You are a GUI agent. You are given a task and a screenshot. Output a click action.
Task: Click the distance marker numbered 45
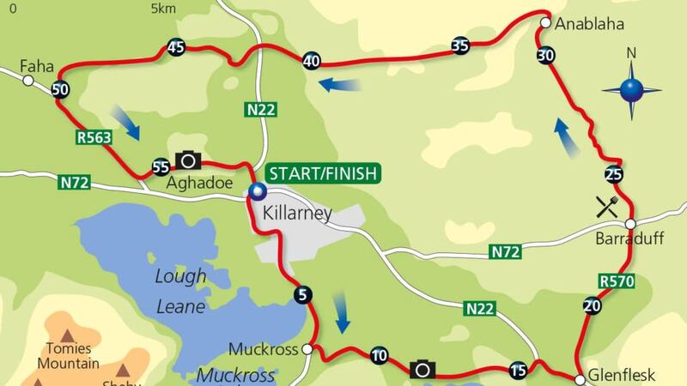[x=177, y=48]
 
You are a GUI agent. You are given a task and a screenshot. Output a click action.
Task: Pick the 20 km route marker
[x=591, y=306]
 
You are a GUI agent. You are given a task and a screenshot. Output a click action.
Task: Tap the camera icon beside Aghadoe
[x=188, y=160]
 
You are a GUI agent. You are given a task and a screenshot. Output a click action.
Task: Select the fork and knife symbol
[x=607, y=206]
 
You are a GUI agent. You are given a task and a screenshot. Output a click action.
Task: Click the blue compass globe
[x=632, y=89]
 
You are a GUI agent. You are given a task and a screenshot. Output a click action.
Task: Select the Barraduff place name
[x=629, y=241]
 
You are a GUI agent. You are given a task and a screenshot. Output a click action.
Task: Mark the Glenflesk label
[x=621, y=375]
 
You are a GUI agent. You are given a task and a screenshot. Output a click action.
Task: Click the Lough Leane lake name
[x=181, y=291]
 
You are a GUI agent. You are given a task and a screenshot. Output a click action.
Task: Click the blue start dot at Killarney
[x=256, y=191]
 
